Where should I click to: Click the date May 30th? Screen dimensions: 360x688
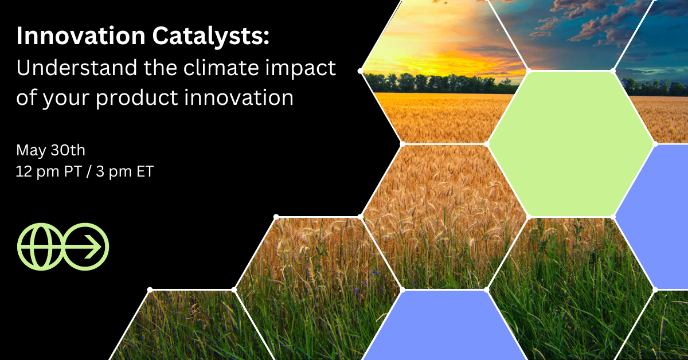coord(50,151)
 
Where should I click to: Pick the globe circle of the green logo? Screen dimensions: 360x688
coord(39,246)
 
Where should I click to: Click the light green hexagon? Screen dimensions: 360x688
coord(570,143)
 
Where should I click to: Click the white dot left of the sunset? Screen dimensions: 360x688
coord(360,71)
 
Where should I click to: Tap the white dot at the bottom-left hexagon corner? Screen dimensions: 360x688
coord(150,289)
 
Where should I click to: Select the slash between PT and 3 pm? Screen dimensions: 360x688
coord(86,171)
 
